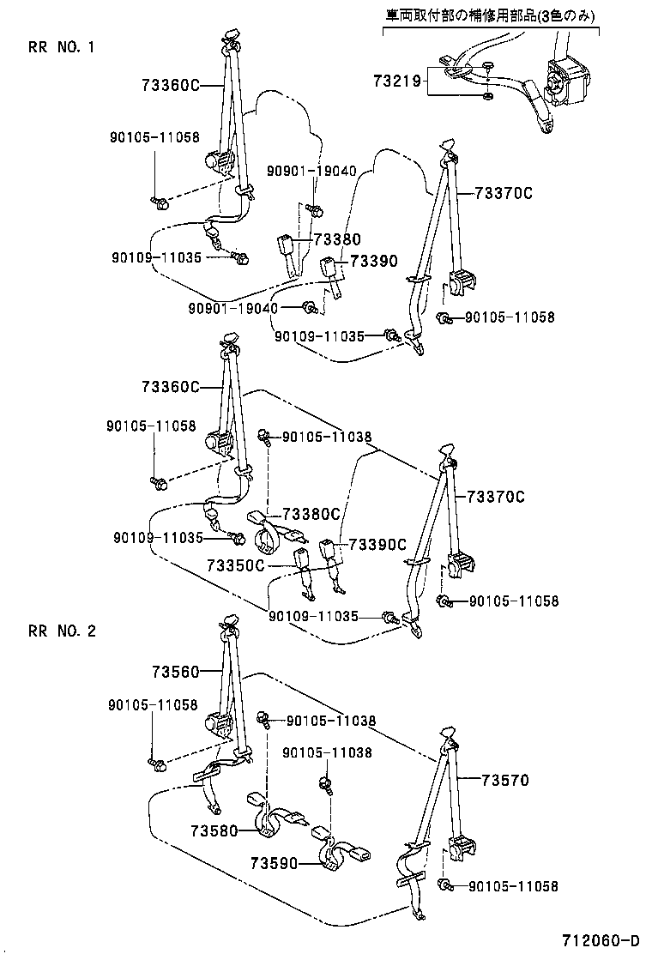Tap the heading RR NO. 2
[61, 631]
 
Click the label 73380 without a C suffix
[336, 240]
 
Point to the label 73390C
[376, 545]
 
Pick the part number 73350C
[236, 565]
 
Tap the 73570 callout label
[504, 781]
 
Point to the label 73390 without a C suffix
[372, 261]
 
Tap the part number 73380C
[311, 514]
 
